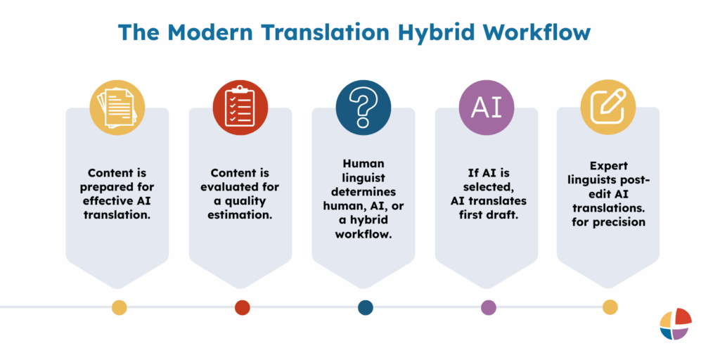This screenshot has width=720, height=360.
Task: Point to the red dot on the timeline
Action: (242, 307)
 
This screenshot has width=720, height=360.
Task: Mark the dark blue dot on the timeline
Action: (365, 307)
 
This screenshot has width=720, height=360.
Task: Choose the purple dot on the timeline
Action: (488, 307)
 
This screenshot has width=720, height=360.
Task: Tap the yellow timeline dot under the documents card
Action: (120, 307)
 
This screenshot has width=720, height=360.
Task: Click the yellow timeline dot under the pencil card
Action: (610, 307)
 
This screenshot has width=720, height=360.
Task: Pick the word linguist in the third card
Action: (364, 177)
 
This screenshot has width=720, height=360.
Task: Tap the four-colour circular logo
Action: (676, 324)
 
